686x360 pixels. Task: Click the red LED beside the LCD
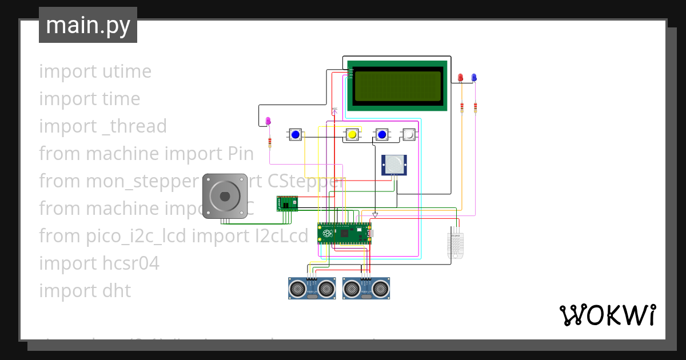(461, 78)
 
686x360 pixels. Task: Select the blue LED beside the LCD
(474, 78)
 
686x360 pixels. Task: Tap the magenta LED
(269, 121)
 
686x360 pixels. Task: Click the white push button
(409, 134)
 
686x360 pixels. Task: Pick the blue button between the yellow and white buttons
(381, 135)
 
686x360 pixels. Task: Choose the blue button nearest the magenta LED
(296, 135)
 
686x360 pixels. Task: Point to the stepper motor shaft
(225, 196)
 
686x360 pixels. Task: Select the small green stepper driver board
(287, 203)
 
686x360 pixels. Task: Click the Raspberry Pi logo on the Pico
(327, 234)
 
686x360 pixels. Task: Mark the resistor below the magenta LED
(269, 142)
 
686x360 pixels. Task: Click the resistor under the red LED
(461, 107)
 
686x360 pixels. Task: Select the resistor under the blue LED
(475, 107)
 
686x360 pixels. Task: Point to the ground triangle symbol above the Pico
(375, 215)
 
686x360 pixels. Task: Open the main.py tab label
(87, 25)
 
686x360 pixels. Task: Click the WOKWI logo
(607, 315)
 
